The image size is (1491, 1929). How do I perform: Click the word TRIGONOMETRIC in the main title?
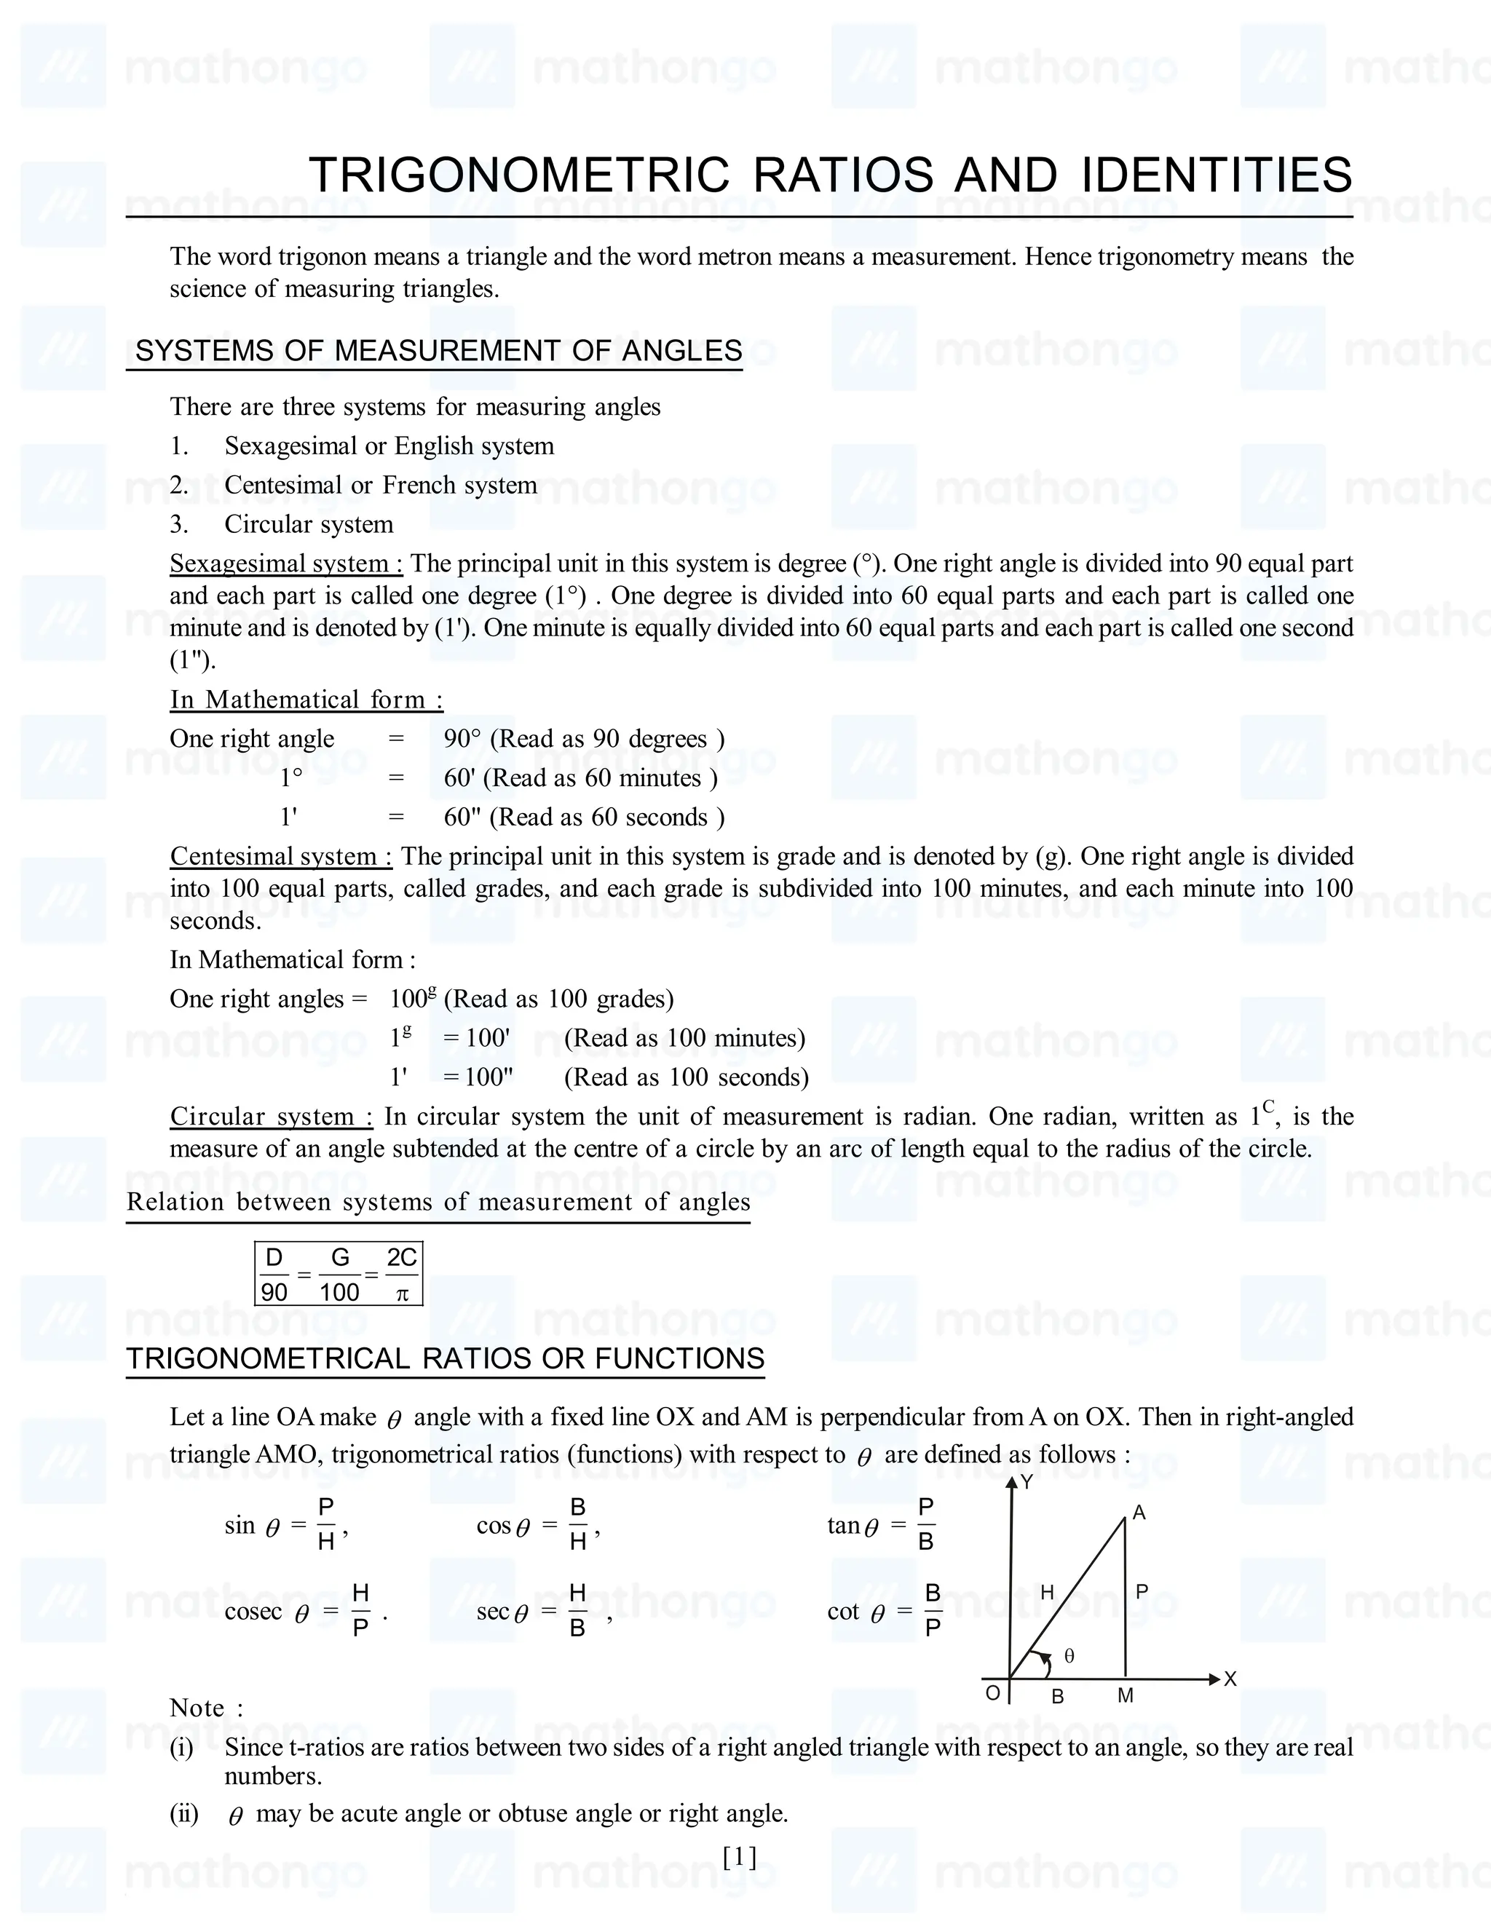[x=519, y=175]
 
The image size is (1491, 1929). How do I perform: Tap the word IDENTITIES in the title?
[x=1217, y=175]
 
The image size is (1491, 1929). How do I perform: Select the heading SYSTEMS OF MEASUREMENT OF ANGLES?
[x=438, y=351]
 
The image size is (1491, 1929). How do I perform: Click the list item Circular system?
[x=308, y=524]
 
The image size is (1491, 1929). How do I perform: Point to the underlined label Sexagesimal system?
[x=286, y=563]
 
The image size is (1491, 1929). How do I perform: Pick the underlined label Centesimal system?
[x=281, y=856]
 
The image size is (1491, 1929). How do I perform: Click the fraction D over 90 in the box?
[x=274, y=1275]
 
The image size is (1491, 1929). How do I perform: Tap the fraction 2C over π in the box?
[x=402, y=1275]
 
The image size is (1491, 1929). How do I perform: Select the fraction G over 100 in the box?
[x=339, y=1275]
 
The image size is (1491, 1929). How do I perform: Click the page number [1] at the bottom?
[x=740, y=1858]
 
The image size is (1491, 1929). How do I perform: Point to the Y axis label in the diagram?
[x=1027, y=1483]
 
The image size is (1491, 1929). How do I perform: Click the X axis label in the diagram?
[x=1230, y=1679]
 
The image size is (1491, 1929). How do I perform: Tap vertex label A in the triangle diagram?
[x=1139, y=1513]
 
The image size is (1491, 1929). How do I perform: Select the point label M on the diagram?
[x=1126, y=1696]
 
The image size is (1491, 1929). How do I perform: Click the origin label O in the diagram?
[x=993, y=1693]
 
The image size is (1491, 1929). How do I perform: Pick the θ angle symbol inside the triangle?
[x=1069, y=1656]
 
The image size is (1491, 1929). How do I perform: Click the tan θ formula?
[x=882, y=1525]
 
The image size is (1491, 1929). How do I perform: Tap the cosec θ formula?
[x=301, y=1612]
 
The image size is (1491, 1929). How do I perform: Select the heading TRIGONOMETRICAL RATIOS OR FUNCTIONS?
[x=445, y=1358]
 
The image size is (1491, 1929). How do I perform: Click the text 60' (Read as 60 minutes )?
[x=580, y=778]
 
